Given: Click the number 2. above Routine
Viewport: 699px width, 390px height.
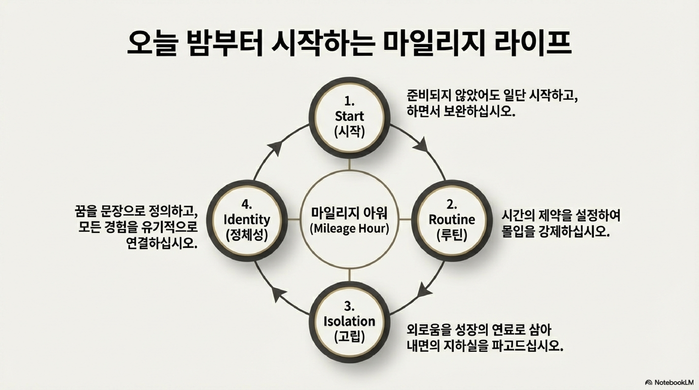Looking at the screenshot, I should pos(452,205).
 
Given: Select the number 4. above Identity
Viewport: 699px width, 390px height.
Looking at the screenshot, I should pos(247,205).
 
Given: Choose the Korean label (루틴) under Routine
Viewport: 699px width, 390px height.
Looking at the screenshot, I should pos(452,235).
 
